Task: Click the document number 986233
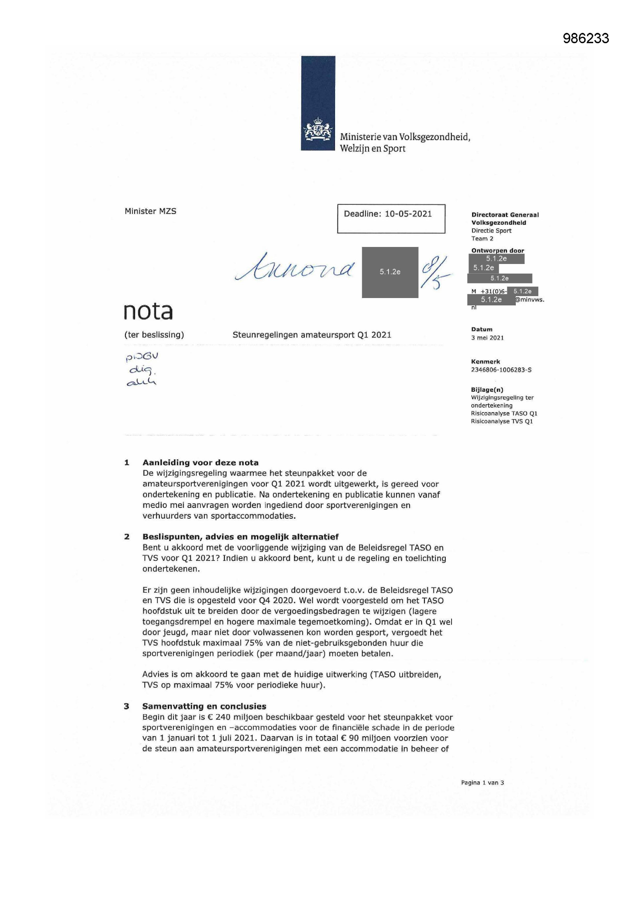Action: click(585, 38)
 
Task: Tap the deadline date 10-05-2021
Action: click(408, 214)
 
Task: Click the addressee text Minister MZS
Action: click(150, 211)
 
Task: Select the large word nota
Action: click(148, 311)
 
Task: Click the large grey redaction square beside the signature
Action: click(390, 272)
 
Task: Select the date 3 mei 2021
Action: click(487, 338)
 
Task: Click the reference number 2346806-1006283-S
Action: click(501, 370)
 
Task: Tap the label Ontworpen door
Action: click(497, 251)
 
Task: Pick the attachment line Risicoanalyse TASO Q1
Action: click(504, 413)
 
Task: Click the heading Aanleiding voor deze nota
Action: click(200, 463)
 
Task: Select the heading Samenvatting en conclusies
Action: click(204, 706)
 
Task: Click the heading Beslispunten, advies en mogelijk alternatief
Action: click(240, 537)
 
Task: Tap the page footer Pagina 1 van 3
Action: click(483, 783)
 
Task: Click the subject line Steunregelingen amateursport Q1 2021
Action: click(312, 335)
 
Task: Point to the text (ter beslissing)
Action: click(154, 335)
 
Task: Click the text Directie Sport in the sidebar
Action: click(491, 231)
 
